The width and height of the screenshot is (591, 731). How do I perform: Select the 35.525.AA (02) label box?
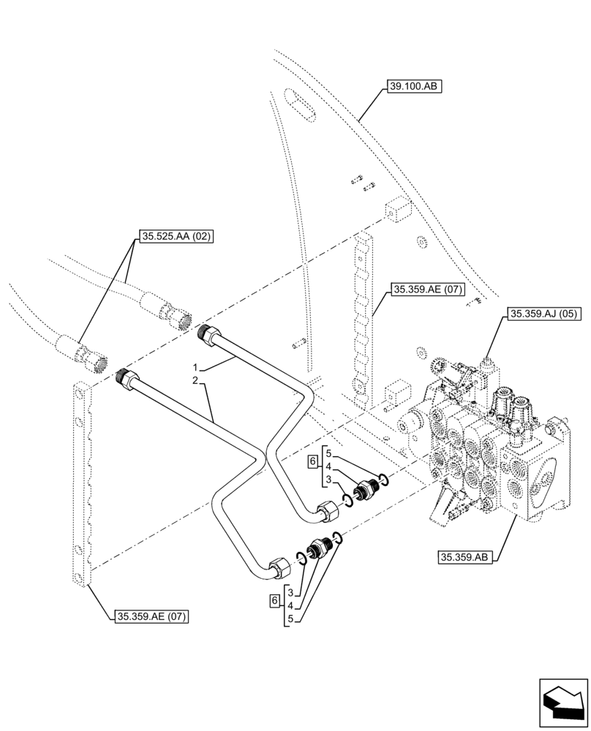(174, 236)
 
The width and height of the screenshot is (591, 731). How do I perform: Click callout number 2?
(196, 381)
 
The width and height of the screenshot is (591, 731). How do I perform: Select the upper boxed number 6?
(312, 461)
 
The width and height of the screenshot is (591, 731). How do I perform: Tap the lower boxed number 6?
(274, 600)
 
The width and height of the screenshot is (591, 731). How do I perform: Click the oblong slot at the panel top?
(300, 106)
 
